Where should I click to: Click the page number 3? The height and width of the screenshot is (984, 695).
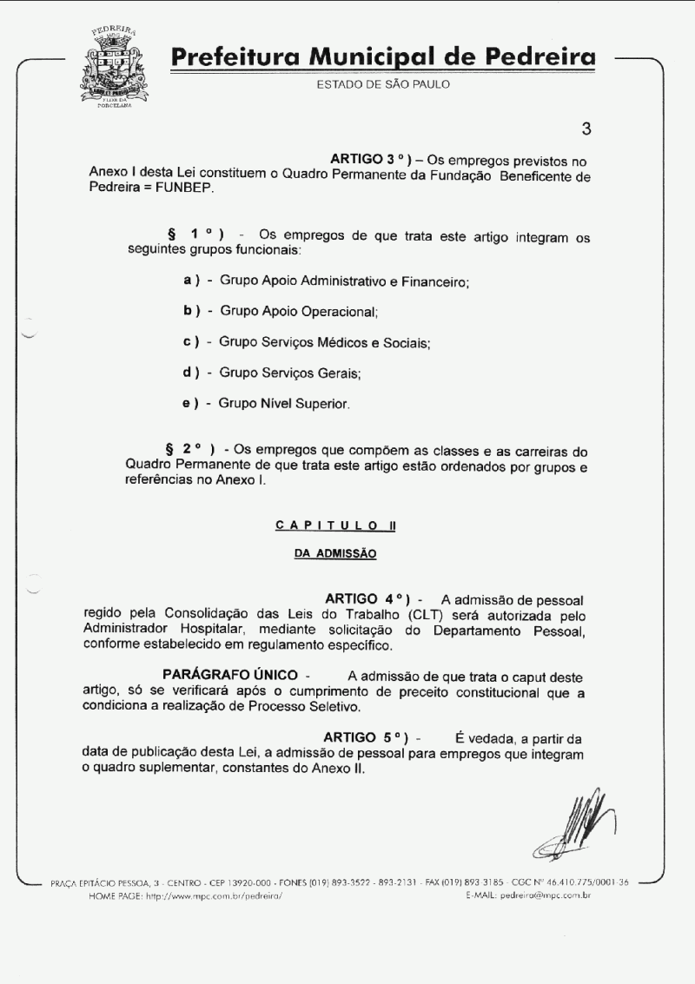click(x=586, y=129)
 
